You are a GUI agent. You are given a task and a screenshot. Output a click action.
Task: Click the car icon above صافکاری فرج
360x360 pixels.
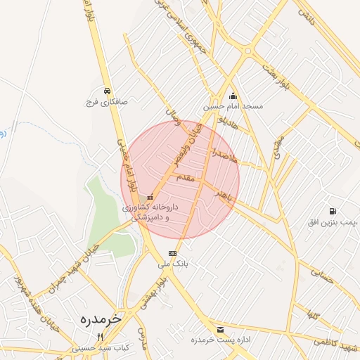pos(106,91)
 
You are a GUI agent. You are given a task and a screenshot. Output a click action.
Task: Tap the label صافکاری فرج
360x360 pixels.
pos(106,102)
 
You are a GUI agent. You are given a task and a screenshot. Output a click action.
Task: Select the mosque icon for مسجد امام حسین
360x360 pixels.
pos(233,96)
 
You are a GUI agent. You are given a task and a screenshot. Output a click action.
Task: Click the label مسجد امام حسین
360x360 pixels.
pos(233,107)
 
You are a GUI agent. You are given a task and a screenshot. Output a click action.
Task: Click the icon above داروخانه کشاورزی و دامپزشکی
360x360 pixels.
pos(150,197)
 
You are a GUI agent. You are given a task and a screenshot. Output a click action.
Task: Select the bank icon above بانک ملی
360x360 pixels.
pos(172,254)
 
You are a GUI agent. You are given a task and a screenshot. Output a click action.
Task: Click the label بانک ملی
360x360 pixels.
pos(173,264)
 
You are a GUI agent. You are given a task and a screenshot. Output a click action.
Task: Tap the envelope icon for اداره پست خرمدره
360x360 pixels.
pos(221,329)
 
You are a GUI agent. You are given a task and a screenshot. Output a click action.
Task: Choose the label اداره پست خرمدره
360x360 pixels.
pos(221,340)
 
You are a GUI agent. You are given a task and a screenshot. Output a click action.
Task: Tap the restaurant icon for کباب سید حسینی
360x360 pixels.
pos(100,337)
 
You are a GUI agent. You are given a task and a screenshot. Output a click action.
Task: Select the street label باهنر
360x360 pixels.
pos(224,196)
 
